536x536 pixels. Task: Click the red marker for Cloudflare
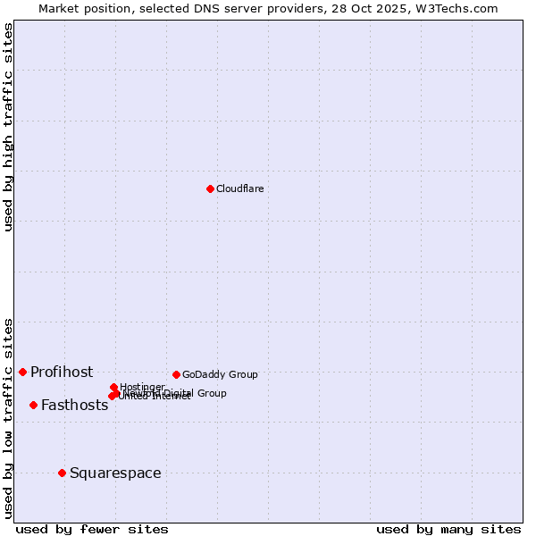tap(210, 188)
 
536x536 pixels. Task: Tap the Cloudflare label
tap(239, 188)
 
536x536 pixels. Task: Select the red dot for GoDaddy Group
tap(176, 374)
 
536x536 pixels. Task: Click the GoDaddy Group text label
tap(220, 374)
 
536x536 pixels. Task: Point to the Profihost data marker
tap(22, 372)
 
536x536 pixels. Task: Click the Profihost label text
tap(62, 372)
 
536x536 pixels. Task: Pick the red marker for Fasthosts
tap(33, 405)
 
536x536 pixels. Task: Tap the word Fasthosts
tap(74, 405)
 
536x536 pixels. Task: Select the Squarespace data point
tap(62, 473)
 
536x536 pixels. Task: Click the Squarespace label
tap(115, 473)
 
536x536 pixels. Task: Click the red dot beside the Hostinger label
tap(113, 387)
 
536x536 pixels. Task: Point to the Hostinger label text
tap(142, 387)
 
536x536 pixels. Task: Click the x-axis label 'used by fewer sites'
tap(92, 529)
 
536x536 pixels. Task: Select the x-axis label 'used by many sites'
tap(448, 529)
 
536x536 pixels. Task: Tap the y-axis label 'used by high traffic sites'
tap(9, 127)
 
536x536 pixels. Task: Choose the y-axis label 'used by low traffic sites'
tap(9, 417)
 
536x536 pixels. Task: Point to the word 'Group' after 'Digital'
tap(212, 393)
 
